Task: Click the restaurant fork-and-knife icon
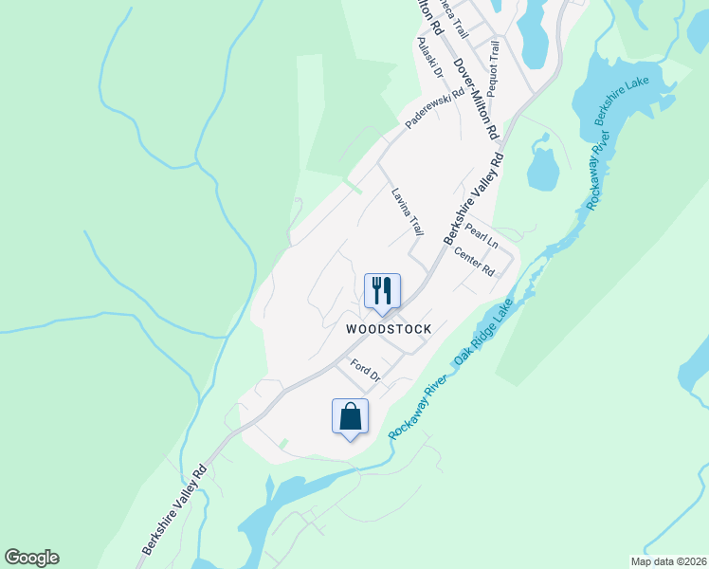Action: pos(383,290)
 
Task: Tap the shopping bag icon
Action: pos(350,415)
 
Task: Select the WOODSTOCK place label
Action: pos(389,329)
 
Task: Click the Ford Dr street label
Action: pos(365,371)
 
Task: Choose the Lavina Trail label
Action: pos(408,211)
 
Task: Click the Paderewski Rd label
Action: pos(434,109)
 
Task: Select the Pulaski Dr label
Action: pos(429,57)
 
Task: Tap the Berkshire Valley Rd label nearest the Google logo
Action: pos(175,508)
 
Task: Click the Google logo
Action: pos(31,558)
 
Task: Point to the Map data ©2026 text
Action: pos(667,561)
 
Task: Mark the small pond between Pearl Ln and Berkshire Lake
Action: pos(542,168)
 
